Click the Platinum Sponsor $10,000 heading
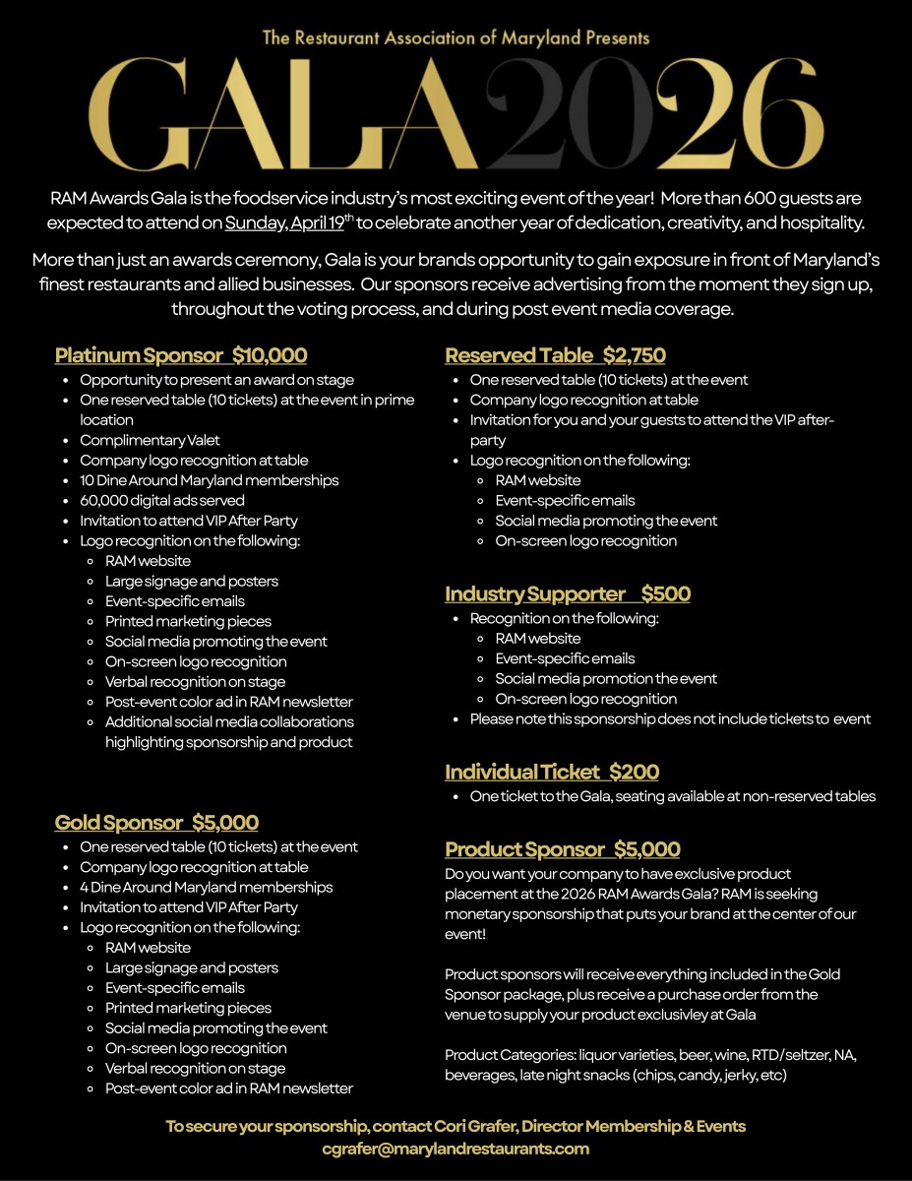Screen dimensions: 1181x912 [x=181, y=355]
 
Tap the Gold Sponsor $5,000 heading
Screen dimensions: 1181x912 [x=156, y=823]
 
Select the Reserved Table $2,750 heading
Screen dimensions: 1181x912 [x=555, y=355]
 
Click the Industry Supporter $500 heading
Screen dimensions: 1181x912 [x=568, y=593]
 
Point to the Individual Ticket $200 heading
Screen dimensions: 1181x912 [x=552, y=772]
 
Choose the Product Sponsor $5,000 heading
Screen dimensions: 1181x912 [x=563, y=849]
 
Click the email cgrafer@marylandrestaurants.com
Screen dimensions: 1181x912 [x=456, y=1149]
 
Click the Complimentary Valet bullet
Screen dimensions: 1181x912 [x=150, y=440]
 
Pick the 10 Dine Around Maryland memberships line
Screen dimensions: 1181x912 [x=209, y=480]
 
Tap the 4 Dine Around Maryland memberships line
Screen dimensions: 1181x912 [x=206, y=887]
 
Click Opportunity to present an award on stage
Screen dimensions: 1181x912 [x=216, y=379]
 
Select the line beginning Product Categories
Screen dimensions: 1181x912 [x=650, y=1055]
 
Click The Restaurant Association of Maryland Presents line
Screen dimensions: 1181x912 [x=456, y=38]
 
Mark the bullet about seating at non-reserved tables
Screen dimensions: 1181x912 [x=672, y=796]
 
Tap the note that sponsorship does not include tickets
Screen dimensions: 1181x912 [x=670, y=718]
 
